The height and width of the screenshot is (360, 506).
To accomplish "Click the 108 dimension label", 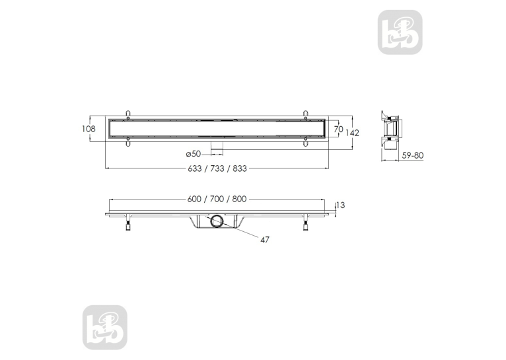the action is pyautogui.click(x=89, y=129).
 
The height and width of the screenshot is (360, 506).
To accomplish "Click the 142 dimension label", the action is pyautogui.click(x=352, y=133).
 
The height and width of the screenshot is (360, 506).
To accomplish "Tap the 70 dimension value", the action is pyautogui.click(x=338, y=129).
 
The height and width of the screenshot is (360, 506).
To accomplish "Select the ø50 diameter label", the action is pyautogui.click(x=194, y=154).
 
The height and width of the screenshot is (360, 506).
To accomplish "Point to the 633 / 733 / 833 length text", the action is pyautogui.click(x=217, y=168).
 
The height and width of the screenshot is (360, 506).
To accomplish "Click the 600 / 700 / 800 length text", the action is pyautogui.click(x=217, y=199).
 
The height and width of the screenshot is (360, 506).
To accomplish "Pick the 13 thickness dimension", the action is pyautogui.click(x=340, y=205).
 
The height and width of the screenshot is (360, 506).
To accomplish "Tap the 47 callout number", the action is pyautogui.click(x=265, y=240).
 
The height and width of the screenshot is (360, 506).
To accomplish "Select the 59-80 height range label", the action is pyautogui.click(x=413, y=155).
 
